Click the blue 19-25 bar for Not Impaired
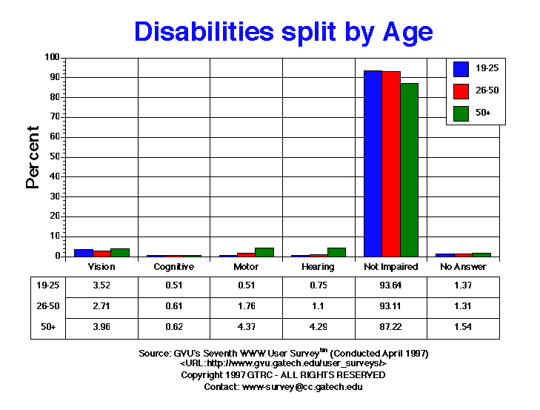(x=373, y=163)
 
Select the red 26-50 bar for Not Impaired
(x=391, y=164)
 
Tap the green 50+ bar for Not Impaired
(x=409, y=170)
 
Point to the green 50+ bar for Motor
(x=264, y=252)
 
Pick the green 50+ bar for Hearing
(x=336, y=252)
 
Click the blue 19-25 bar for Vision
(x=84, y=253)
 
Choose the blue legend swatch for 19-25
(x=461, y=69)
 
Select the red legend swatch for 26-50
(x=461, y=91)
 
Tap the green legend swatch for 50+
(x=461, y=113)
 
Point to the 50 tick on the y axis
(x=53, y=156)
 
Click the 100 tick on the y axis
(x=51, y=57)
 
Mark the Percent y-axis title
(x=33, y=156)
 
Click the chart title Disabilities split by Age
(x=283, y=31)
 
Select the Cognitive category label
(x=173, y=267)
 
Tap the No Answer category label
(x=463, y=267)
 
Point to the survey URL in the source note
(x=283, y=364)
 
